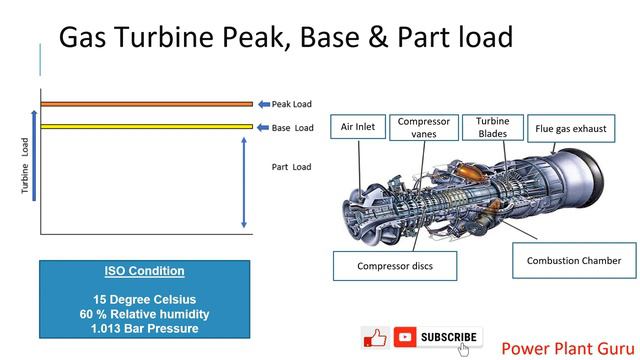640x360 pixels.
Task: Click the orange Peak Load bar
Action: (146, 103)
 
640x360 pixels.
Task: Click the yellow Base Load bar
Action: (146, 127)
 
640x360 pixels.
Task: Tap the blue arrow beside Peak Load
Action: (263, 104)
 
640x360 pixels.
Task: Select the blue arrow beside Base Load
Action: (263, 128)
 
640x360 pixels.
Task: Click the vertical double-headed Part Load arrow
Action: (243, 184)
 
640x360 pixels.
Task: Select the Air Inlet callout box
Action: (358, 128)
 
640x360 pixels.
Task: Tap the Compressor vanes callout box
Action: (423, 128)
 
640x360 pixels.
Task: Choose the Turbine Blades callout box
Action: (492, 126)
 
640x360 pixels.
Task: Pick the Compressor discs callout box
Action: (395, 267)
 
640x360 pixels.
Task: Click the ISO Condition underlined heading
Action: (144, 271)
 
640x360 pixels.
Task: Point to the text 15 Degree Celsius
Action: (144, 299)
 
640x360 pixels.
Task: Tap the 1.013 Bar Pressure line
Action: (144, 327)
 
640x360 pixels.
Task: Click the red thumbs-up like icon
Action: (375, 337)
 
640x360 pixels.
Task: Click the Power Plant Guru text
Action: (564, 348)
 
